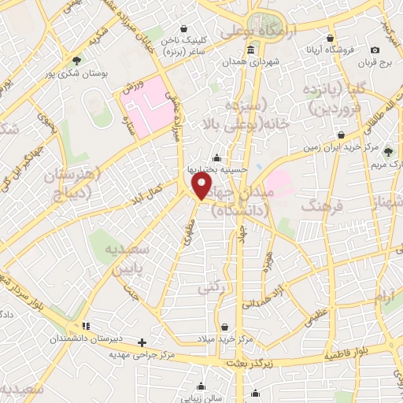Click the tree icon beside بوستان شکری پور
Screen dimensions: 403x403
click(76, 59)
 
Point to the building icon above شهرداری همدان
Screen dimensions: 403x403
click(250, 50)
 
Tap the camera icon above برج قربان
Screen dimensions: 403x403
click(375, 50)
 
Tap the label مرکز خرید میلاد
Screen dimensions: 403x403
click(227, 338)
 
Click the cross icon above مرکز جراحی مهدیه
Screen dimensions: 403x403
click(142, 342)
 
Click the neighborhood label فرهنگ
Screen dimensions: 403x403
click(322, 207)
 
